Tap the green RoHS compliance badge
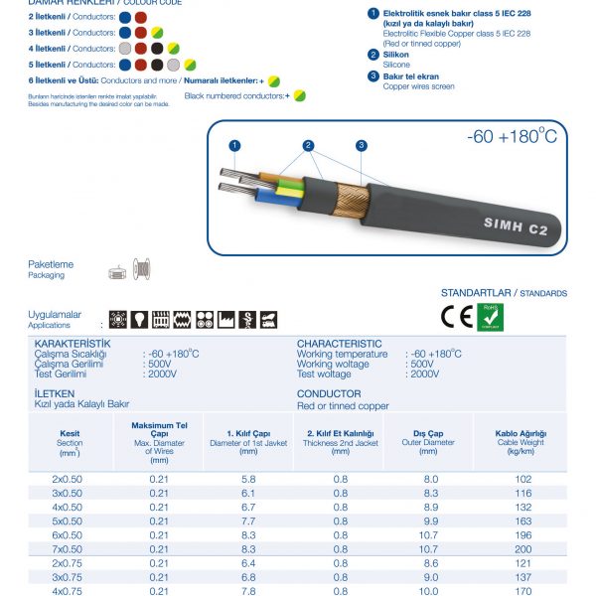point(491,317)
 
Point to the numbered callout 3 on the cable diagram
point(361,145)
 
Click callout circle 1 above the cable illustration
point(234,145)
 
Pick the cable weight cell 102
point(523,479)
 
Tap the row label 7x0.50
point(68,548)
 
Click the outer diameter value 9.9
point(430,521)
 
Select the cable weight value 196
point(523,534)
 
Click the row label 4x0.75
point(68,590)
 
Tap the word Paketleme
point(50,265)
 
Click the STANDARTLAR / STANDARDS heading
point(504,293)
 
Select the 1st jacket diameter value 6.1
point(248,493)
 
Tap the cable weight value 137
point(523,576)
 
